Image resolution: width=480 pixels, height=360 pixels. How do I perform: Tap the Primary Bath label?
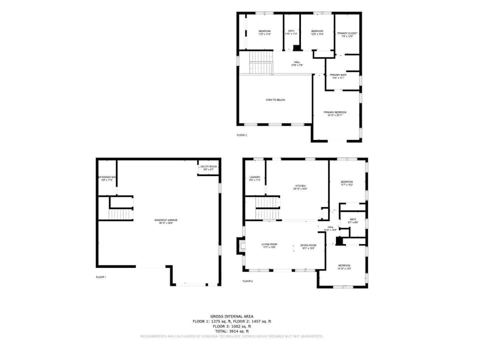[x=338, y=75]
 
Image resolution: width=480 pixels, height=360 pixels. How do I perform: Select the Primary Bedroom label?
[x=335, y=112]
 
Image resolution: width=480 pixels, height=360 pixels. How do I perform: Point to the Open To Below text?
[x=275, y=100]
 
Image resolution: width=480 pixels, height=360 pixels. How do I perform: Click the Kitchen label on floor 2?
[x=300, y=186]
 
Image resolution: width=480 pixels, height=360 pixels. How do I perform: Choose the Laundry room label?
[x=254, y=177]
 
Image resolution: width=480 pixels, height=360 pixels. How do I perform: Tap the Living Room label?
[x=269, y=245]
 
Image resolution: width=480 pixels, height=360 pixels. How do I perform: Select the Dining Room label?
[x=308, y=245]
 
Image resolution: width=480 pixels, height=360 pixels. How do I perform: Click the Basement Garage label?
[x=165, y=220]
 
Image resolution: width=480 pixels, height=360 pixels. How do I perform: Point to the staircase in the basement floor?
[x=119, y=214]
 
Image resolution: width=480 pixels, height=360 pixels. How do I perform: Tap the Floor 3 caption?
[x=241, y=135]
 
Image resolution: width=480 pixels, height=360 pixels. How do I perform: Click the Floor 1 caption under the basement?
[x=101, y=277]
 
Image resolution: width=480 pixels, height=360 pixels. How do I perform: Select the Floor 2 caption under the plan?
[x=247, y=281]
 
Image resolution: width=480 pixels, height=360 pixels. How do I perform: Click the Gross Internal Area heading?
[x=231, y=316]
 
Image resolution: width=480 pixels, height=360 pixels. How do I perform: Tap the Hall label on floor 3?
[x=297, y=62]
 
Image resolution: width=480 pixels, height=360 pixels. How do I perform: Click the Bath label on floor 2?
[x=353, y=219]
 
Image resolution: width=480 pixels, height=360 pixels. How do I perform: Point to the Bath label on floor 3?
[x=291, y=31]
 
